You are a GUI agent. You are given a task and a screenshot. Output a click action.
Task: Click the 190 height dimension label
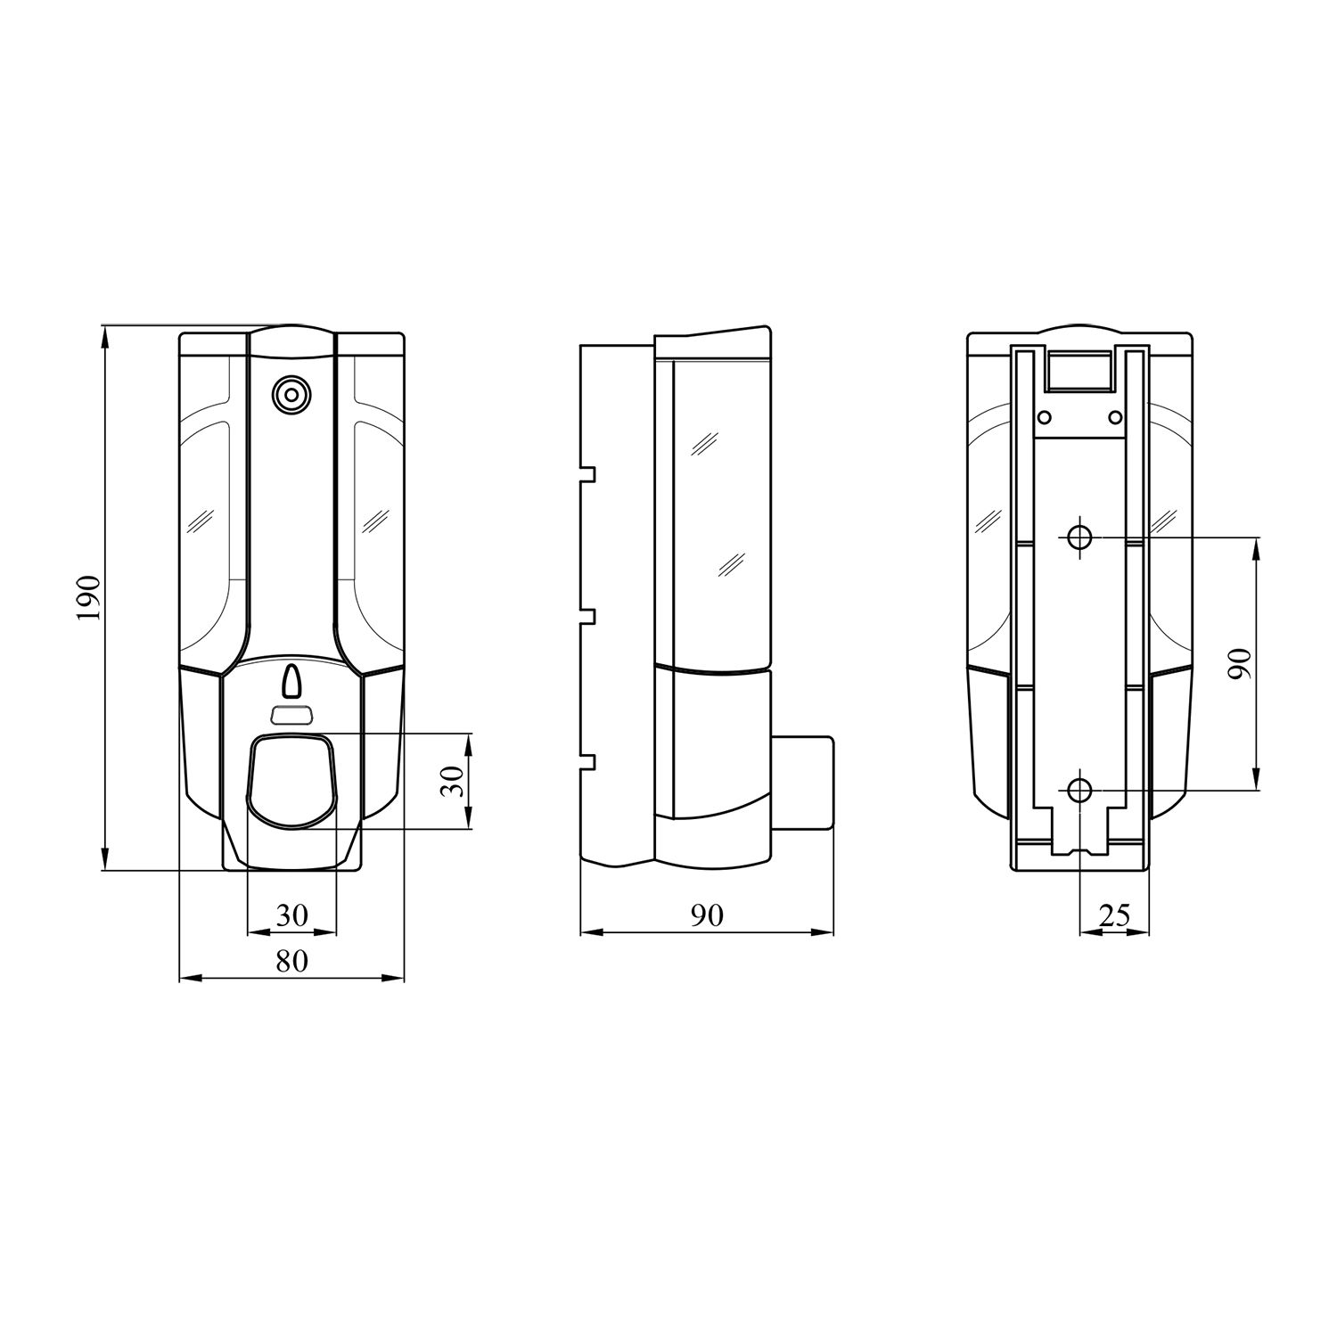pyautogui.click(x=91, y=598)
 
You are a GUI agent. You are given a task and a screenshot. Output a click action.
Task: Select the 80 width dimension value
pyautogui.click(x=291, y=961)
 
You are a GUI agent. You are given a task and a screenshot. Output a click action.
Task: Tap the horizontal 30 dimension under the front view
pyautogui.click(x=291, y=915)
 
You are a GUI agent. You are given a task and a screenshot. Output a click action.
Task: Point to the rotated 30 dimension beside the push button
pyautogui.click(x=454, y=782)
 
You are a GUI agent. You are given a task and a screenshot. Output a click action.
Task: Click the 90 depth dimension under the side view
pyautogui.click(x=706, y=915)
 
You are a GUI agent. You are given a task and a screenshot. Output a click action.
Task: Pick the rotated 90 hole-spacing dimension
pyautogui.click(x=1240, y=664)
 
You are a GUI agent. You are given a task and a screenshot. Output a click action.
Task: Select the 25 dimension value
pyautogui.click(x=1114, y=915)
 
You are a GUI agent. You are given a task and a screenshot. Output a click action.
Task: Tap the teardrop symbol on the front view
pyautogui.click(x=291, y=682)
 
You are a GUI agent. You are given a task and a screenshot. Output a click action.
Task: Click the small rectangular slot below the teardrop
pyautogui.click(x=291, y=715)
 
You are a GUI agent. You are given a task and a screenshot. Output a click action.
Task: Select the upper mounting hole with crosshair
pyautogui.click(x=1079, y=537)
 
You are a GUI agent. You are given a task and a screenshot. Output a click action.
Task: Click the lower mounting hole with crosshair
pyautogui.click(x=1079, y=789)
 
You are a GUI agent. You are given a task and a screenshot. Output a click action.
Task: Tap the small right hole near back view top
pyautogui.click(x=1113, y=416)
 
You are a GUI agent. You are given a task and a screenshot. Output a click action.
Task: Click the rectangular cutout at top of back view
pyautogui.click(x=1079, y=370)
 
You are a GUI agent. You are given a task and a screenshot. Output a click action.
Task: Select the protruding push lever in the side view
pyautogui.click(x=802, y=783)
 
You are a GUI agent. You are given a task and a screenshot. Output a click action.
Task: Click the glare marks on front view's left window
pyautogui.click(x=199, y=520)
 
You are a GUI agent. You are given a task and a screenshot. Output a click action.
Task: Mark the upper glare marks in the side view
pyautogui.click(x=706, y=442)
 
